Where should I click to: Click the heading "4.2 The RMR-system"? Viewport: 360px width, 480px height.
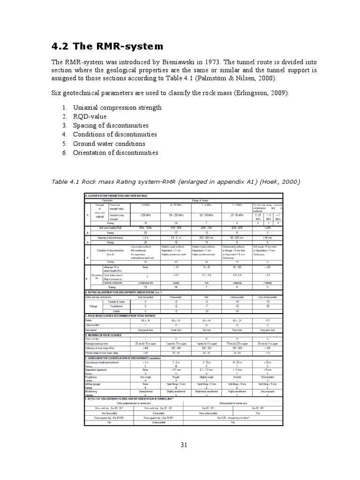107,46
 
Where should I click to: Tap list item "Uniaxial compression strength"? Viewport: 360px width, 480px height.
117,107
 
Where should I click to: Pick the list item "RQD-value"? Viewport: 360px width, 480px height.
90,116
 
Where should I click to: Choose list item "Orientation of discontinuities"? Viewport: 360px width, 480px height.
115,152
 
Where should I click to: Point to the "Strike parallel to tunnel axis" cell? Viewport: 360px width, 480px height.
233,402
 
